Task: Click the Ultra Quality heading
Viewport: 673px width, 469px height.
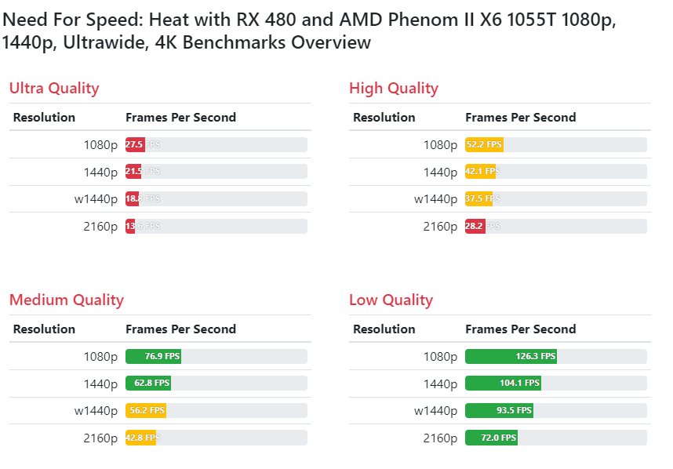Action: click(54, 88)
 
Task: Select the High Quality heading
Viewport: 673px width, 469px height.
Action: click(393, 88)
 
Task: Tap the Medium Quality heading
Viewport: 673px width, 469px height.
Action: click(67, 300)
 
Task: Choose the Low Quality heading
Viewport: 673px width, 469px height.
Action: click(391, 300)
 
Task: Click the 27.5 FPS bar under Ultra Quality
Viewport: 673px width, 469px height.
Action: click(135, 145)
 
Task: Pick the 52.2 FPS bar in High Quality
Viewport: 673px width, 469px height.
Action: click(484, 145)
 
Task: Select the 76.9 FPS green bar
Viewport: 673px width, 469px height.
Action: click(153, 357)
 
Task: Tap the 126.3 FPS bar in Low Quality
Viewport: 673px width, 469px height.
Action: click(511, 357)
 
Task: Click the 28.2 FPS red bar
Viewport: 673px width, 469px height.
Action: click(475, 227)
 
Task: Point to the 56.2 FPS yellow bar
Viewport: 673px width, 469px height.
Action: click(146, 411)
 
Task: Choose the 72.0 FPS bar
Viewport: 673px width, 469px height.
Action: click(491, 438)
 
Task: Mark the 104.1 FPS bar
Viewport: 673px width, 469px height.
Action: click(503, 384)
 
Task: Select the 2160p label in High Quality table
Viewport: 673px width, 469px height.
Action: click(440, 227)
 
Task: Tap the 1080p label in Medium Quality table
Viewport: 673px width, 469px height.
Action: click(100, 357)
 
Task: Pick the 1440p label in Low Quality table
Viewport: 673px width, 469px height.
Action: click(440, 384)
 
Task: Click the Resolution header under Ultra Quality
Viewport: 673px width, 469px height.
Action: click(45, 118)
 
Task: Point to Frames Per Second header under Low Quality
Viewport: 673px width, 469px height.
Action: click(520, 329)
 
